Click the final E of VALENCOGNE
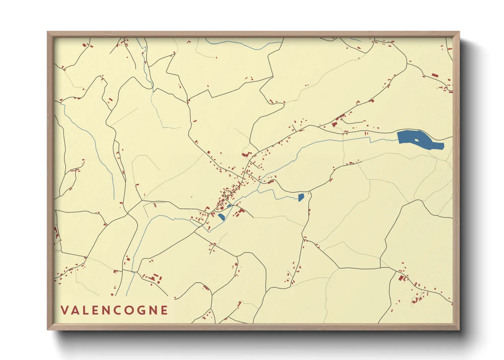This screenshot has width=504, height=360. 165,310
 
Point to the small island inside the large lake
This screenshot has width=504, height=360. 416,140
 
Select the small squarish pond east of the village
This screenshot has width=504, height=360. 301,197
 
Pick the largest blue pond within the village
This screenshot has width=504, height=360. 221,217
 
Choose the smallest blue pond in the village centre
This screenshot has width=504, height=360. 229,206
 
